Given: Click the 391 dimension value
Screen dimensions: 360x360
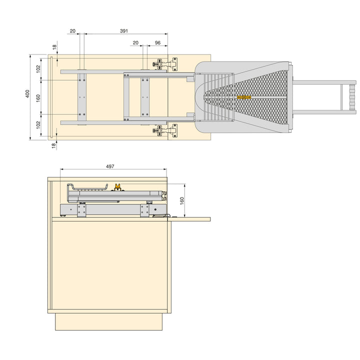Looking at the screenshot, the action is pos(124,31).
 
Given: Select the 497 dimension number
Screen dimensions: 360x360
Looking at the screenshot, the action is pos(110,166).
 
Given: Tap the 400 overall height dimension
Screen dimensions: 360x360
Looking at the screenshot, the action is pos(27,93).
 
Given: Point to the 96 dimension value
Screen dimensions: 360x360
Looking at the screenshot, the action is pos(157,42).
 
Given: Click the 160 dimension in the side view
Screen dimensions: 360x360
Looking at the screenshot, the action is pos(182,200).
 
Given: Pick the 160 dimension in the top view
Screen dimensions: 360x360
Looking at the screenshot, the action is pos(38,97).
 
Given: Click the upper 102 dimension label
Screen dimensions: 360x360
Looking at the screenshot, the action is pos(38,69).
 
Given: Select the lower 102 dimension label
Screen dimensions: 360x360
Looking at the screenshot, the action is pos(38,125).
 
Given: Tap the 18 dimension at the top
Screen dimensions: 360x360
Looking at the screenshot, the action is pos(54,47).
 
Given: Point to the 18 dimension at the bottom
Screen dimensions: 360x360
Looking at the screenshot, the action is pos(53,145).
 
